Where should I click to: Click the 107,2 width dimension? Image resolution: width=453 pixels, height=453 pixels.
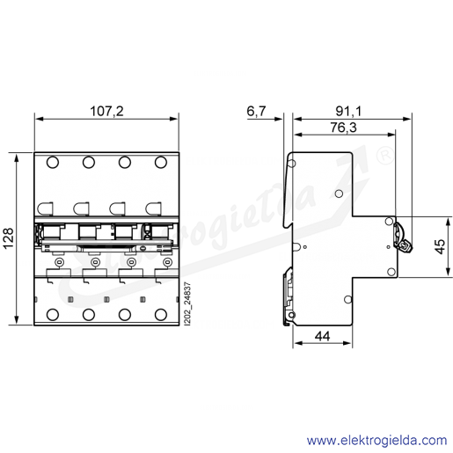tap(106, 111)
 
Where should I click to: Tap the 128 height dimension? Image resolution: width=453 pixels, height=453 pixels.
tap(8, 237)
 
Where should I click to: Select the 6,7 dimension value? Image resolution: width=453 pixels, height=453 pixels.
tap(256, 111)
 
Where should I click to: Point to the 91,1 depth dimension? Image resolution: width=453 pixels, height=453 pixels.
tap(348, 111)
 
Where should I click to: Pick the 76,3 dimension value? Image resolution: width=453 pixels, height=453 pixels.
tap(344, 128)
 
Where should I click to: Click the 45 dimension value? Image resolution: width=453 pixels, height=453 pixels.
tap(440, 246)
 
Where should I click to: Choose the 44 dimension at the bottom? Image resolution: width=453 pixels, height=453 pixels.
tap(323, 336)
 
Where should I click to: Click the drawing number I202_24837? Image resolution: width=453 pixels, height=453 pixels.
tap(188, 303)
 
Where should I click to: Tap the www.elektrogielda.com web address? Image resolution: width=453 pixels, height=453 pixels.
tap(376, 440)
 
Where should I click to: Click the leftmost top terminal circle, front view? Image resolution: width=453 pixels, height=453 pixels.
tap(53, 162)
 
